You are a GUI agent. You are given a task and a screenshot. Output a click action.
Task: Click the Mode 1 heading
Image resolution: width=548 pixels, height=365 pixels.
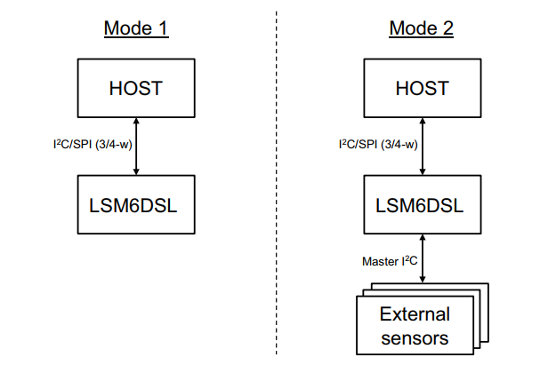pyautogui.click(x=136, y=28)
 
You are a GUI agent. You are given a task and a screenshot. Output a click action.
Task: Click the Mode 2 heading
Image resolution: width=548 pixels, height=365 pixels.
pyautogui.click(x=422, y=28)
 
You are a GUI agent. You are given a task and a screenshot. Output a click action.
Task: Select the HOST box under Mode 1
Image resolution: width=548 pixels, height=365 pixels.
pyautogui.click(x=136, y=89)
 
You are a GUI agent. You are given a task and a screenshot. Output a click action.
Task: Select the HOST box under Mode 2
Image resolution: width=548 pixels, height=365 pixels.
pyautogui.click(x=423, y=89)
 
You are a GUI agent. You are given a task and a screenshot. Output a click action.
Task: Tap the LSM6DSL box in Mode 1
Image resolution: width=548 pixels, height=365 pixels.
pyautogui.click(x=136, y=205)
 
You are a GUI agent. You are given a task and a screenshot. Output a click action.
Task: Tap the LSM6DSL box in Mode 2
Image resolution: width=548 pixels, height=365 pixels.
pyautogui.click(x=423, y=205)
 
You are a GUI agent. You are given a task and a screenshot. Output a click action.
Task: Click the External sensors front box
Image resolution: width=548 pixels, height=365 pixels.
pyautogui.click(x=415, y=325)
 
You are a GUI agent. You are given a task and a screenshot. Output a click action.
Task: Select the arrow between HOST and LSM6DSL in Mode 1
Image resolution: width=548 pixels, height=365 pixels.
pyautogui.click(x=136, y=147)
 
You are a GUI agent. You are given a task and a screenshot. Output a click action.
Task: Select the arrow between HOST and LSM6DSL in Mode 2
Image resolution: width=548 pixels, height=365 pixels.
pyautogui.click(x=423, y=147)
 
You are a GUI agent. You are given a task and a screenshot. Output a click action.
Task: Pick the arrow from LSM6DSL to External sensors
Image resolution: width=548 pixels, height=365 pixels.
pyautogui.click(x=423, y=260)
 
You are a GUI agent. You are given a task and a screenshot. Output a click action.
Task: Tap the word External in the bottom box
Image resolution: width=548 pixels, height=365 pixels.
pyautogui.click(x=415, y=314)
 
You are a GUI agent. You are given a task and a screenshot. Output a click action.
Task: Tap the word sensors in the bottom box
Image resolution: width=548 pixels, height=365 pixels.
pyautogui.click(x=415, y=337)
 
